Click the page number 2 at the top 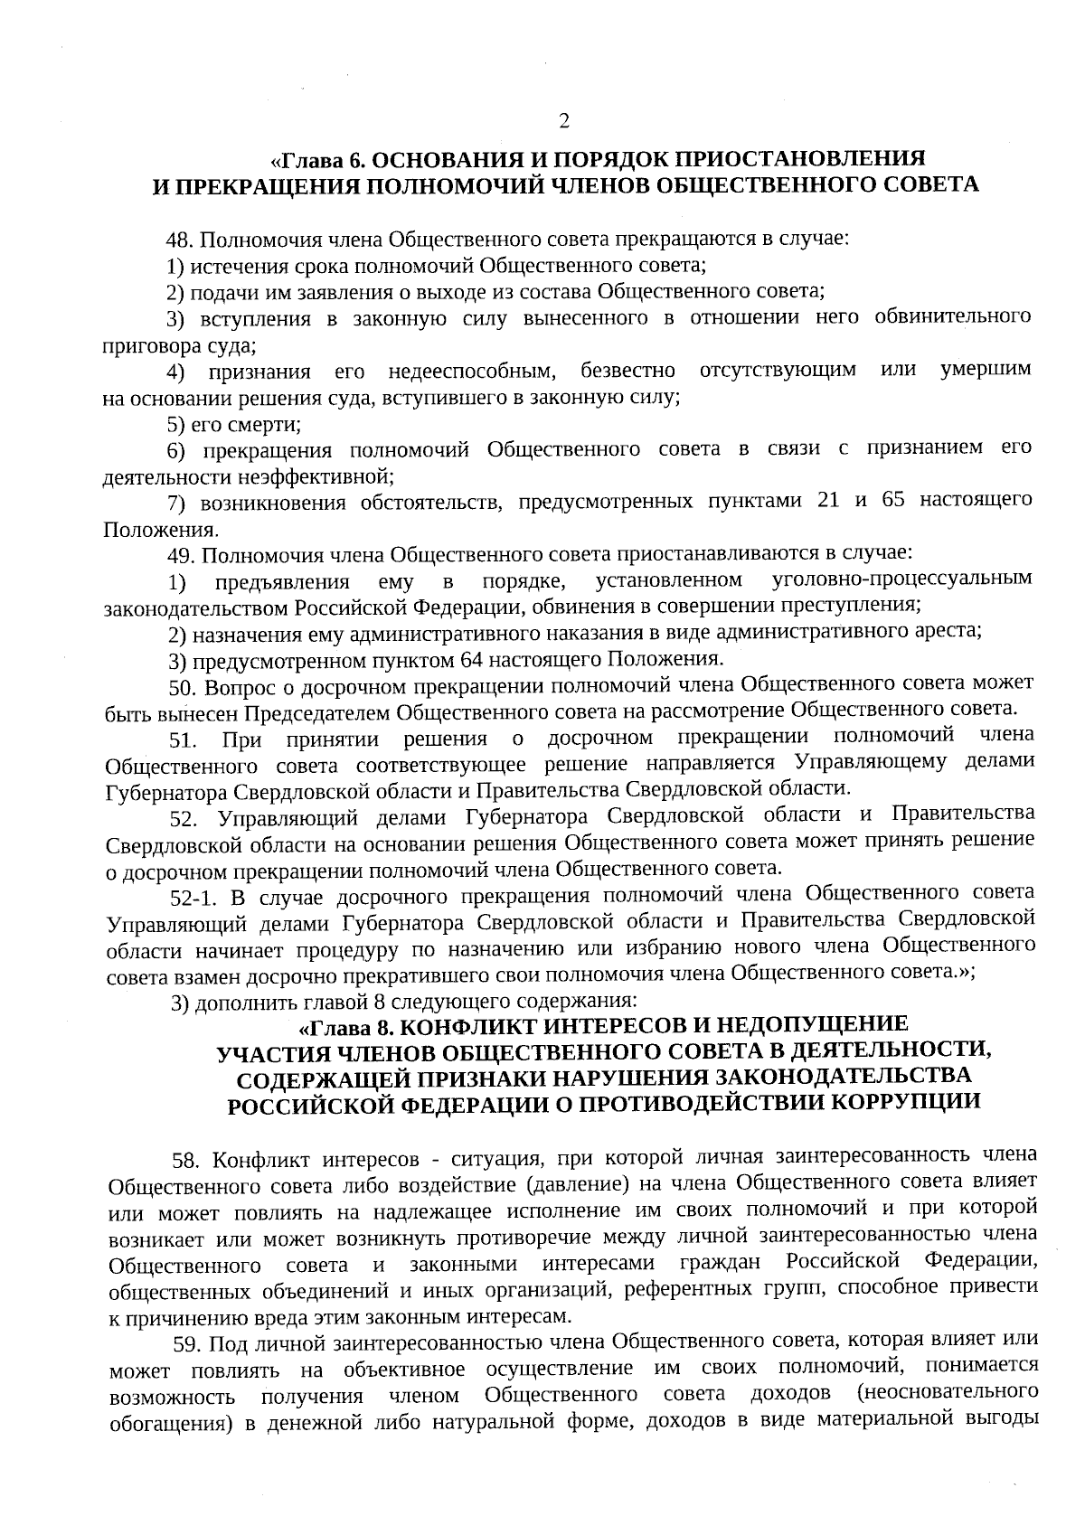[x=564, y=121]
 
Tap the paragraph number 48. [x=181, y=241]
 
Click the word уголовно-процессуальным [x=903, y=579]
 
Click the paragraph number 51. [x=184, y=741]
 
